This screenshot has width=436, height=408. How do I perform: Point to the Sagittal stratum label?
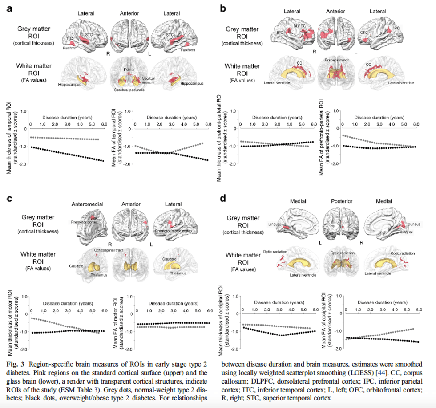click(148, 78)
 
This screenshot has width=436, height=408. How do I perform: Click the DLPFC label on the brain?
click(299, 26)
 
